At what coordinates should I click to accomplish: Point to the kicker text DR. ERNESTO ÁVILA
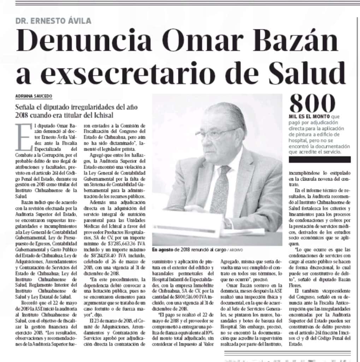tap(53, 21)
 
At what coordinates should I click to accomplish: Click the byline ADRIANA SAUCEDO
tap(33, 96)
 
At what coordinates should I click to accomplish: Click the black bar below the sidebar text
tap(320, 159)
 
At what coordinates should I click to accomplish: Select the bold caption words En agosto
tap(163, 250)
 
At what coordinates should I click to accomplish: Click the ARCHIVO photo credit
tap(235, 250)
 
